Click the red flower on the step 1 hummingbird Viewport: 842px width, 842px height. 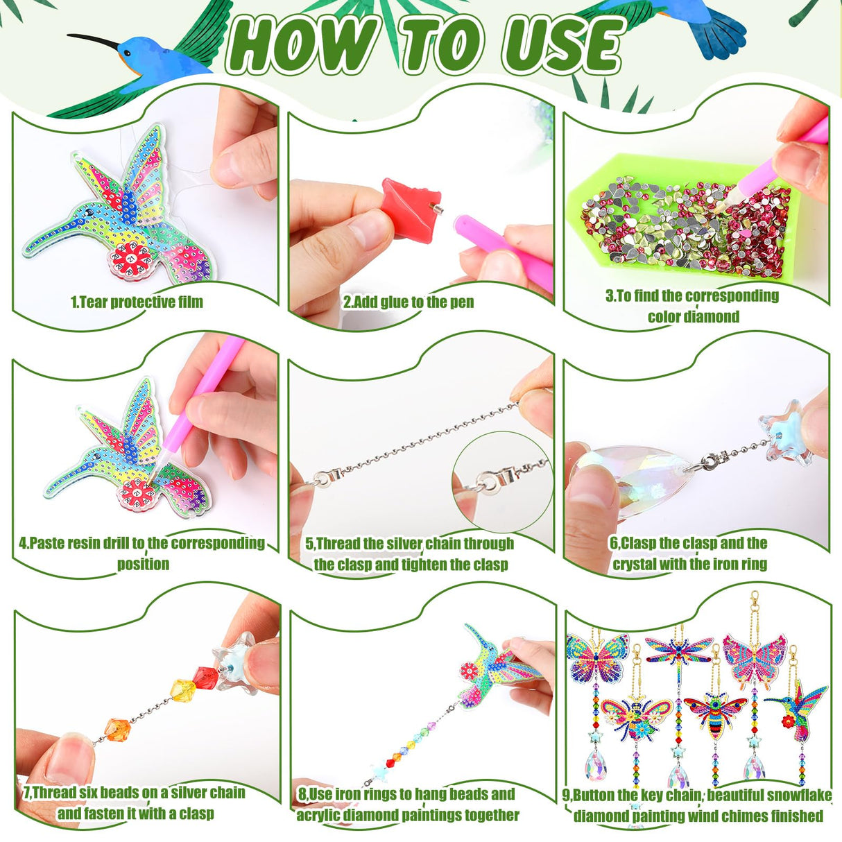(x=130, y=259)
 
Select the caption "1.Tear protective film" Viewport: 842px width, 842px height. (x=137, y=302)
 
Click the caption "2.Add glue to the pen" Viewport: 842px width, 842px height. (x=408, y=302)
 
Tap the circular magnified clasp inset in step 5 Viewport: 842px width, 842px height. (x=502, y=478)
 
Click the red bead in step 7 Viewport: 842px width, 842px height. (x=205, y=677)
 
